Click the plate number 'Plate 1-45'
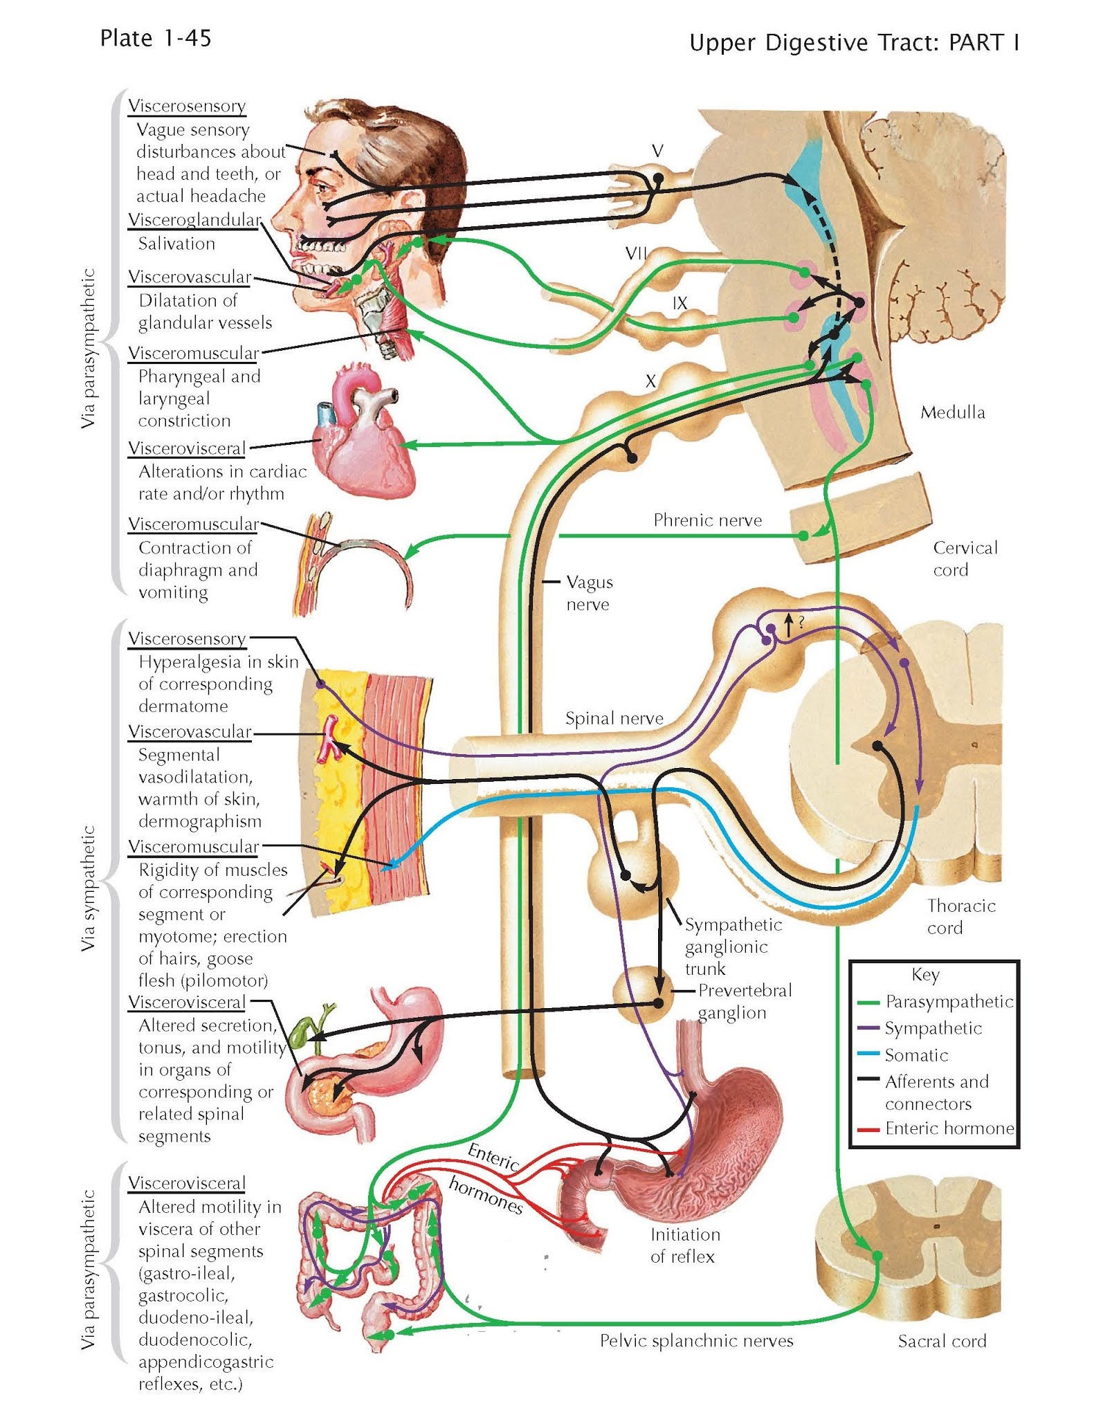[155, 38]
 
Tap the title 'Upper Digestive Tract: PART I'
[854, 43]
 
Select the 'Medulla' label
[952, 412]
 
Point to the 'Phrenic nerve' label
[707, 520]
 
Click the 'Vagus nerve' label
[589, 593]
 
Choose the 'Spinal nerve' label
[614, 718]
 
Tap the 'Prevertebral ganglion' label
[744, 1001]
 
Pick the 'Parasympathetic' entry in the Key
[949, 1002]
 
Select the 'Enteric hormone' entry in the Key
[949, 1128]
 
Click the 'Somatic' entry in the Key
[916, 1055]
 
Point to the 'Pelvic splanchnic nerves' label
[696, 1341]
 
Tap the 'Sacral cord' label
[942, 1342]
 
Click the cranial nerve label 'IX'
[680, 303]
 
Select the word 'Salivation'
[176, 244]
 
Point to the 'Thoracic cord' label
[960, 917]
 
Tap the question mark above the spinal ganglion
[801, 622]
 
